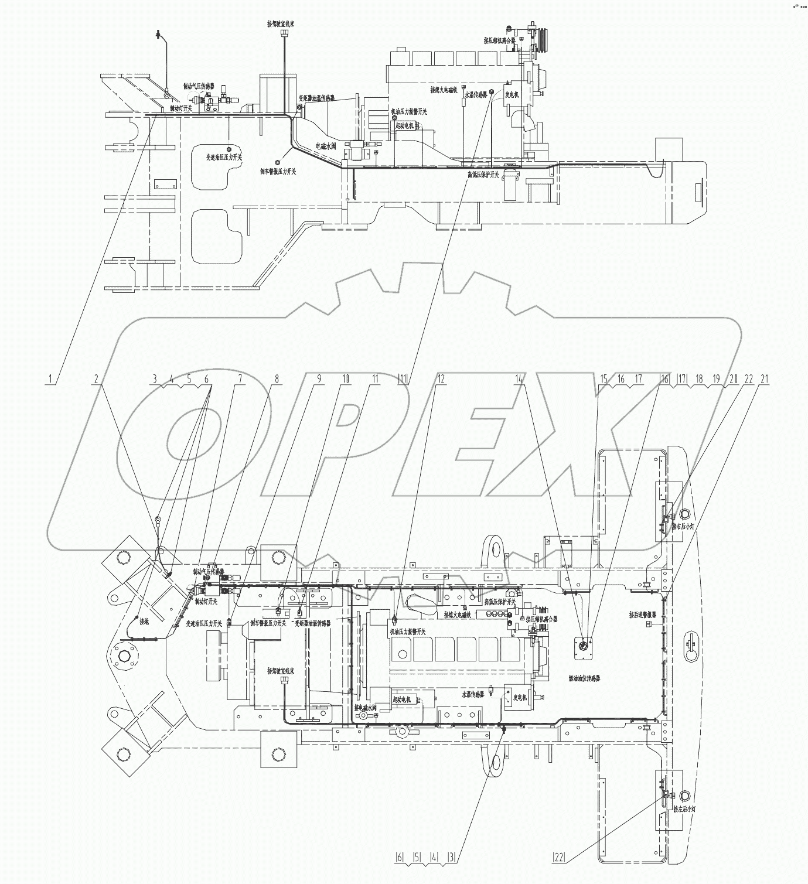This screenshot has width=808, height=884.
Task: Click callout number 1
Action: (x=52, y=379)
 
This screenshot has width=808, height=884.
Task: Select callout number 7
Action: (x=239, y=379)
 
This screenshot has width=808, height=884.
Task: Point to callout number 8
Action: (x=276, y=379)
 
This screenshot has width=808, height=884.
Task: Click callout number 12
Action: (x=441, y=379)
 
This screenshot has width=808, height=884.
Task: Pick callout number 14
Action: (x=519, y=379)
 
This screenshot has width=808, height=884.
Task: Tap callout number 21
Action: (x=763, y=379)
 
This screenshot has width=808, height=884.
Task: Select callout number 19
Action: (x=716, y=379)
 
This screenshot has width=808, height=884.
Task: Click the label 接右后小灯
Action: (x=683, y=527)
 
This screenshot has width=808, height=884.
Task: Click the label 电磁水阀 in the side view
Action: (x=326, y=146)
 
